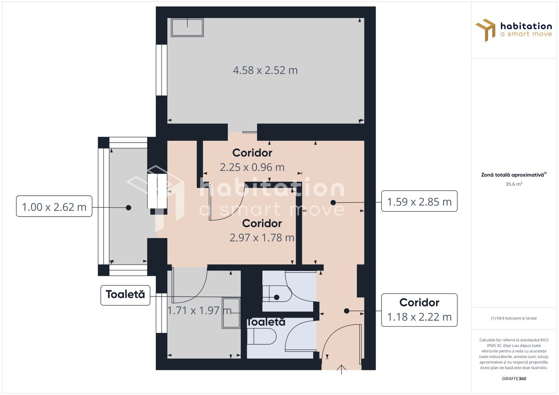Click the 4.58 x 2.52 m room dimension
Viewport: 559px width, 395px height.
click(x=265, y=70)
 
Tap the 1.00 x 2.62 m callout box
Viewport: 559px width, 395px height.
click(x=54, y=207)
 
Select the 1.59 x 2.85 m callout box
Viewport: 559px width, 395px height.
click(x=419, y=202)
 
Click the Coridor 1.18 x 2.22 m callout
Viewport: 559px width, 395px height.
click(x=419, y=310)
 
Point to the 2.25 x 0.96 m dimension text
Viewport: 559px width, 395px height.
click(x=252, y=167)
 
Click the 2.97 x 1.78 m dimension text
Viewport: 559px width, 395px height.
click(x=262, y=238)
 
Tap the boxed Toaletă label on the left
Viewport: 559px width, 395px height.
click(x=125, y=295)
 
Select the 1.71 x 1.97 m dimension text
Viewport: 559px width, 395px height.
click(x=199, y=311)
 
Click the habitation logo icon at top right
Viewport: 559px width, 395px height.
click(x=485, y=30)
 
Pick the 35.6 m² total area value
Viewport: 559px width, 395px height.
click(x=514, y=184)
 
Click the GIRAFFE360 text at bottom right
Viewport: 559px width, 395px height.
click(x=514, y=379)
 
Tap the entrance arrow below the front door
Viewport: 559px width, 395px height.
click(x=342, y=369)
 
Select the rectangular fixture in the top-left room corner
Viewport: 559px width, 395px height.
click(x=187, y=27)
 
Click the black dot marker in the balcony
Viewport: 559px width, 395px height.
click(x=128, y=207)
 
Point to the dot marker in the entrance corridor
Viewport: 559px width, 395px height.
click(x=346, y=311)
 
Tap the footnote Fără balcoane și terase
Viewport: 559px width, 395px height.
click(x=514, y=318)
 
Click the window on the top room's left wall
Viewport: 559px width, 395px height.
click(x=161, y=70)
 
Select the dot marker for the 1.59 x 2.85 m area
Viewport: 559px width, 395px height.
click(x=333, y=202)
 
